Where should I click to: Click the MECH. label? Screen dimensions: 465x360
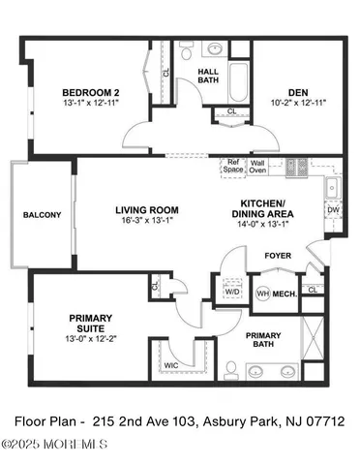click(284, 294)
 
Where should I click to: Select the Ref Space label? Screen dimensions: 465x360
click(233, 167)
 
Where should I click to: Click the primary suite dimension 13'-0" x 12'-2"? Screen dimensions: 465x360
click(90, 337)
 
